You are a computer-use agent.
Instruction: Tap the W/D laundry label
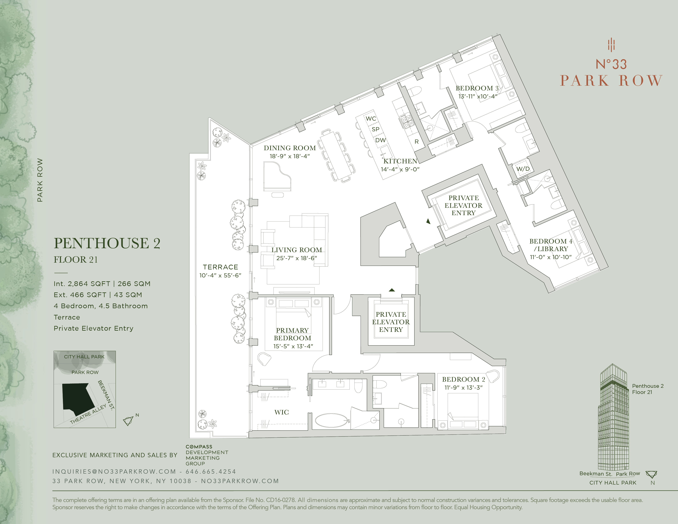523,169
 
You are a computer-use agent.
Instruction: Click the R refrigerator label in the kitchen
417,142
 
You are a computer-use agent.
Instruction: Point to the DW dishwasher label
380,140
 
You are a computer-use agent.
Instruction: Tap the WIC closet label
281,412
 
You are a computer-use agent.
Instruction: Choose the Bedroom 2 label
463,379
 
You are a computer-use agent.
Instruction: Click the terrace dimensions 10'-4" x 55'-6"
220,275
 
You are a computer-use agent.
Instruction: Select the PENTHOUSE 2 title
107,243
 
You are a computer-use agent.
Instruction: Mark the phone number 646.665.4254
211,472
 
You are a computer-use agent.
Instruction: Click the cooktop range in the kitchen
405,121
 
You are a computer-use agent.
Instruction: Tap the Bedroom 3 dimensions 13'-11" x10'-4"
477,97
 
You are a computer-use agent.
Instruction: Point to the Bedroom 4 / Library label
550,245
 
